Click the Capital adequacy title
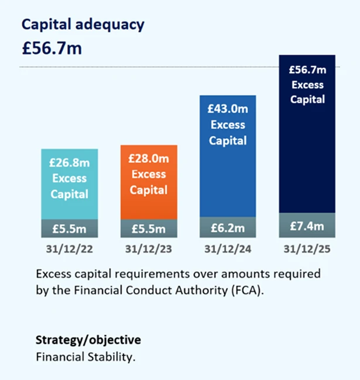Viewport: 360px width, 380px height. point(83,25)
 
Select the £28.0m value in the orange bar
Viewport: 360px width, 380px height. point(149,159)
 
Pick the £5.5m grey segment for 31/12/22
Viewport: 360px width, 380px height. point(69,227)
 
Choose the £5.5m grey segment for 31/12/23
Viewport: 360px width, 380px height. point(149,227)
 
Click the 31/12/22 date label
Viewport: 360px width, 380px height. point(69,248)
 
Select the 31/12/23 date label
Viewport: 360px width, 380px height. point(149,248)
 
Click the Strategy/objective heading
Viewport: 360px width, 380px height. point(88,340)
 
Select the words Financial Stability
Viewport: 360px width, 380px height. point(85,355)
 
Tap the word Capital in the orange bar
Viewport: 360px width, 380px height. point(149,190)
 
